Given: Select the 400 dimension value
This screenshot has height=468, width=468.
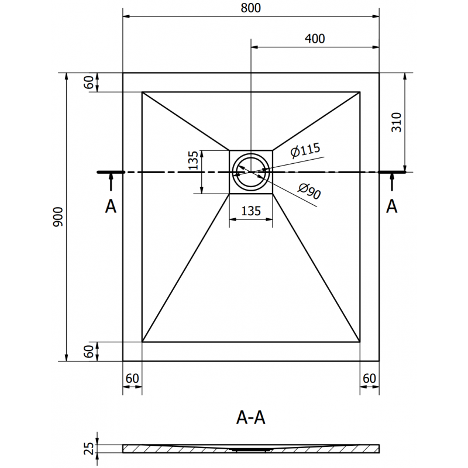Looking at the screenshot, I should [314, 39].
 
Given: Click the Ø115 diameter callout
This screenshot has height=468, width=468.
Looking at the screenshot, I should [305, 151].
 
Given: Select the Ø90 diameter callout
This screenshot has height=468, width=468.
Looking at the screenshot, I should [309, 191].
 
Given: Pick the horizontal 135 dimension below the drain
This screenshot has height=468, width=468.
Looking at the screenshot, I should [250, 211].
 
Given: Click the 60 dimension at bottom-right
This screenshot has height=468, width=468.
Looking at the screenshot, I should [369, 378].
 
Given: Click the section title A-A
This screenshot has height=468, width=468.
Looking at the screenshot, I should [251, 418].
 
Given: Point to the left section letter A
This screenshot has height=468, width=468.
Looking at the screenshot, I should [110, 206].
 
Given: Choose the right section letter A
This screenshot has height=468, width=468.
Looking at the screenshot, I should [392, 206].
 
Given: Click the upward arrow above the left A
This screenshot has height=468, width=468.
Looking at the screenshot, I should [110, 184].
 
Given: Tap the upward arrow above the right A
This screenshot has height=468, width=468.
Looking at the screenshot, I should [392, 184].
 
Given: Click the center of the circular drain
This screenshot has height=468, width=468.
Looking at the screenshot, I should [251, 172].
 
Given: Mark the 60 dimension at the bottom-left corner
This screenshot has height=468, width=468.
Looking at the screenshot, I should [132, 378].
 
